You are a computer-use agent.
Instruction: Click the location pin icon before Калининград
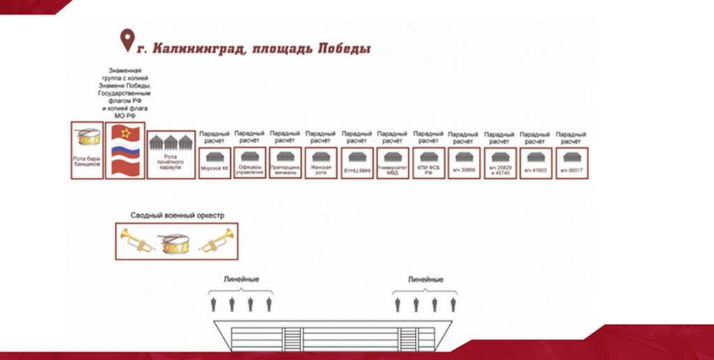click(x=127, y=40)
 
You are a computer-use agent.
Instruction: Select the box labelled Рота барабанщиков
click(x=86, y=150)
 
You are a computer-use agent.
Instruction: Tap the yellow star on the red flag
click(x=126, y=133)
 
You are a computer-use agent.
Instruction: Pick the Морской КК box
click(x=214, y=163)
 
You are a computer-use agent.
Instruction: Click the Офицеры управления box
click(x=250, y=163)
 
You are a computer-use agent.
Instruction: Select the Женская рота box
click(x=321, y=163)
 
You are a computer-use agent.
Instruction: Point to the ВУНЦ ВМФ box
click(x=357, y=163)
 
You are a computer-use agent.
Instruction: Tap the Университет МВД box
click(x=393, y=163)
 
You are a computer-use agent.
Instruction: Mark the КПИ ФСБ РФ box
click(x=429, y=163)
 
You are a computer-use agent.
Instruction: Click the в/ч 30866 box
click(x=464, y=163)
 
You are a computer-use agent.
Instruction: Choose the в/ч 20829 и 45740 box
click(x=500, y=163)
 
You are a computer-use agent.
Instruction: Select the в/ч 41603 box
click(x=535, y=163)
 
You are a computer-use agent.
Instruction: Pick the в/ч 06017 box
click(x=571, y=163)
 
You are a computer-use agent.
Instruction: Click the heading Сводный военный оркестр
click(x=177, y=215)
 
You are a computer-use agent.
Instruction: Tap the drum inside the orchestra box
click(x=176, y=242)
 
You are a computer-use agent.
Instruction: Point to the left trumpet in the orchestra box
click(x=137, y=241)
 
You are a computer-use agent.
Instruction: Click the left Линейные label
click(x=241, y=279)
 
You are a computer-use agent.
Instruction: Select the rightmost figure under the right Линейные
click(x=453, y=304)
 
